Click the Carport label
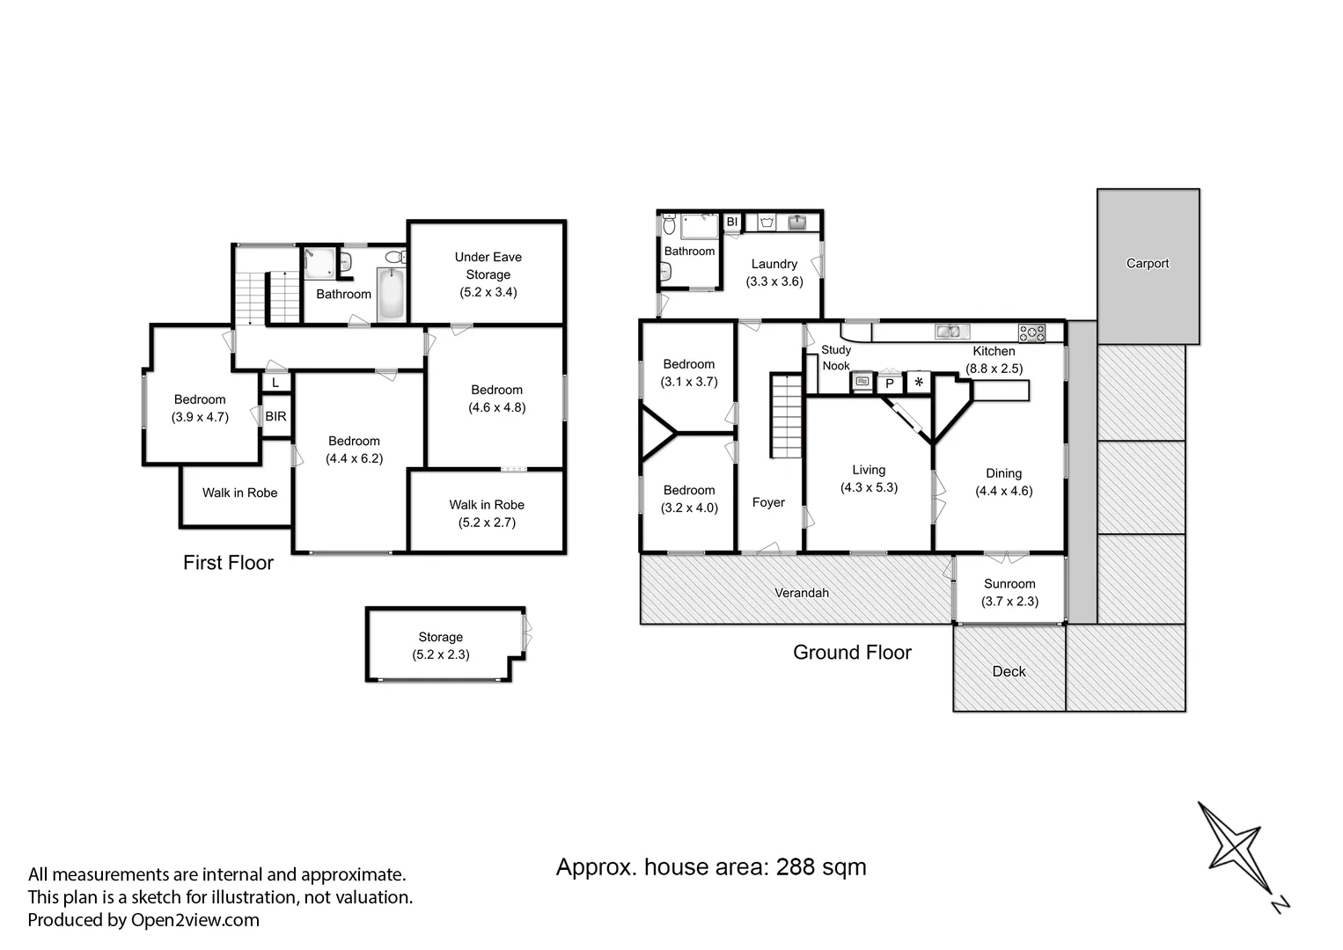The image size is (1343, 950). pos(1148,264)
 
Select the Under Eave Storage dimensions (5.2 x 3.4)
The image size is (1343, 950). pos(488,292)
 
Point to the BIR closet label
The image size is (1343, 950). pos(275,416)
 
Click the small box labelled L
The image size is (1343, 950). pos(275,384)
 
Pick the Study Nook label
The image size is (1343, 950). pos(835,358)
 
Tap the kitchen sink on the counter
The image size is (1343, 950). pos(951,332)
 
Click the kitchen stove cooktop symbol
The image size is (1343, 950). pos(1031,332)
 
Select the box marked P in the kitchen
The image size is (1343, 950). pos(890,384)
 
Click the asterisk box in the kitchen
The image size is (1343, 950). pos(918,383)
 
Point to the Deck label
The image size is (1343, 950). pos(1009,672)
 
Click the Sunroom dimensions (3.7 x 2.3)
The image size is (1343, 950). pos(1009,602)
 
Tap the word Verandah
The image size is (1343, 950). pos(801,593)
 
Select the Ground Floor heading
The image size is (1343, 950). pos(851,653)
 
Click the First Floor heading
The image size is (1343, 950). pos(228,563)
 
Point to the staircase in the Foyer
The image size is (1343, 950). pos(786,416)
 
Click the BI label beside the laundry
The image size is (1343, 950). pos(731,222)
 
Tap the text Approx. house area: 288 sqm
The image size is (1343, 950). pos(710,867)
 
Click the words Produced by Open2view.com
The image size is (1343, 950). pos(143,920)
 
